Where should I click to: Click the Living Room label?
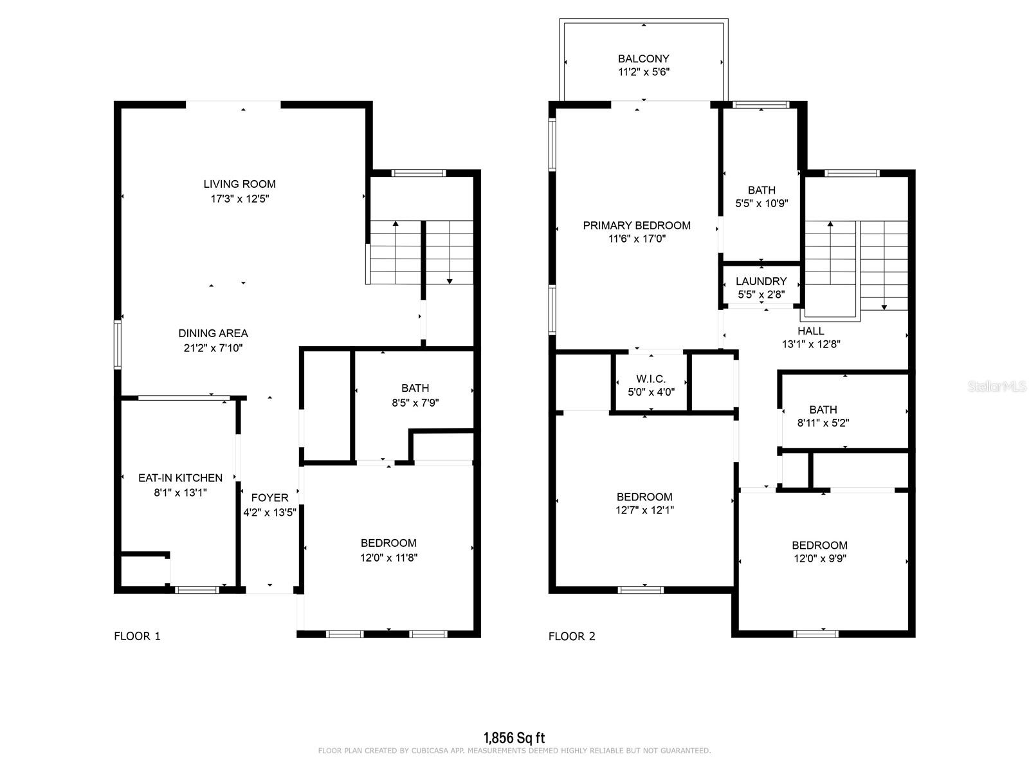pos(239,184)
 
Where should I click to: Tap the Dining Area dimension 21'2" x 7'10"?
pos(213,348)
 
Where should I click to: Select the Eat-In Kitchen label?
pos(180,477)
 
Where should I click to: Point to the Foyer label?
pos(269,497)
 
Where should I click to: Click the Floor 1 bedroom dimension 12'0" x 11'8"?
pos(388,557)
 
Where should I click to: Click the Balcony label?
pos(643,59)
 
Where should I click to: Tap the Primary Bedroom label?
pos(637,225)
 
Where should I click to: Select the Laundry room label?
pos(761,281)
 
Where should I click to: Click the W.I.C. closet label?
pos(651,379)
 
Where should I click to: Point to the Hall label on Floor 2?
pos(810,331)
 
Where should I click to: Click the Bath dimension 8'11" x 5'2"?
pos(823,423)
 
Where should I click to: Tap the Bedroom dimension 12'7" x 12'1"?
pos(644,510)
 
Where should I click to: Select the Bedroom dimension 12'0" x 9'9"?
pos(819,558)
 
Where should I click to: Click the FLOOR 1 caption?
pos(137,636)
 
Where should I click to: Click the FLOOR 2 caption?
pos(572,636)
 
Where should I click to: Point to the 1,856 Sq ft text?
pos(514,738)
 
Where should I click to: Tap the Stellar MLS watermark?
pos(997,386)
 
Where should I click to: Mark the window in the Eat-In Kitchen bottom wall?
pos(197,590)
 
